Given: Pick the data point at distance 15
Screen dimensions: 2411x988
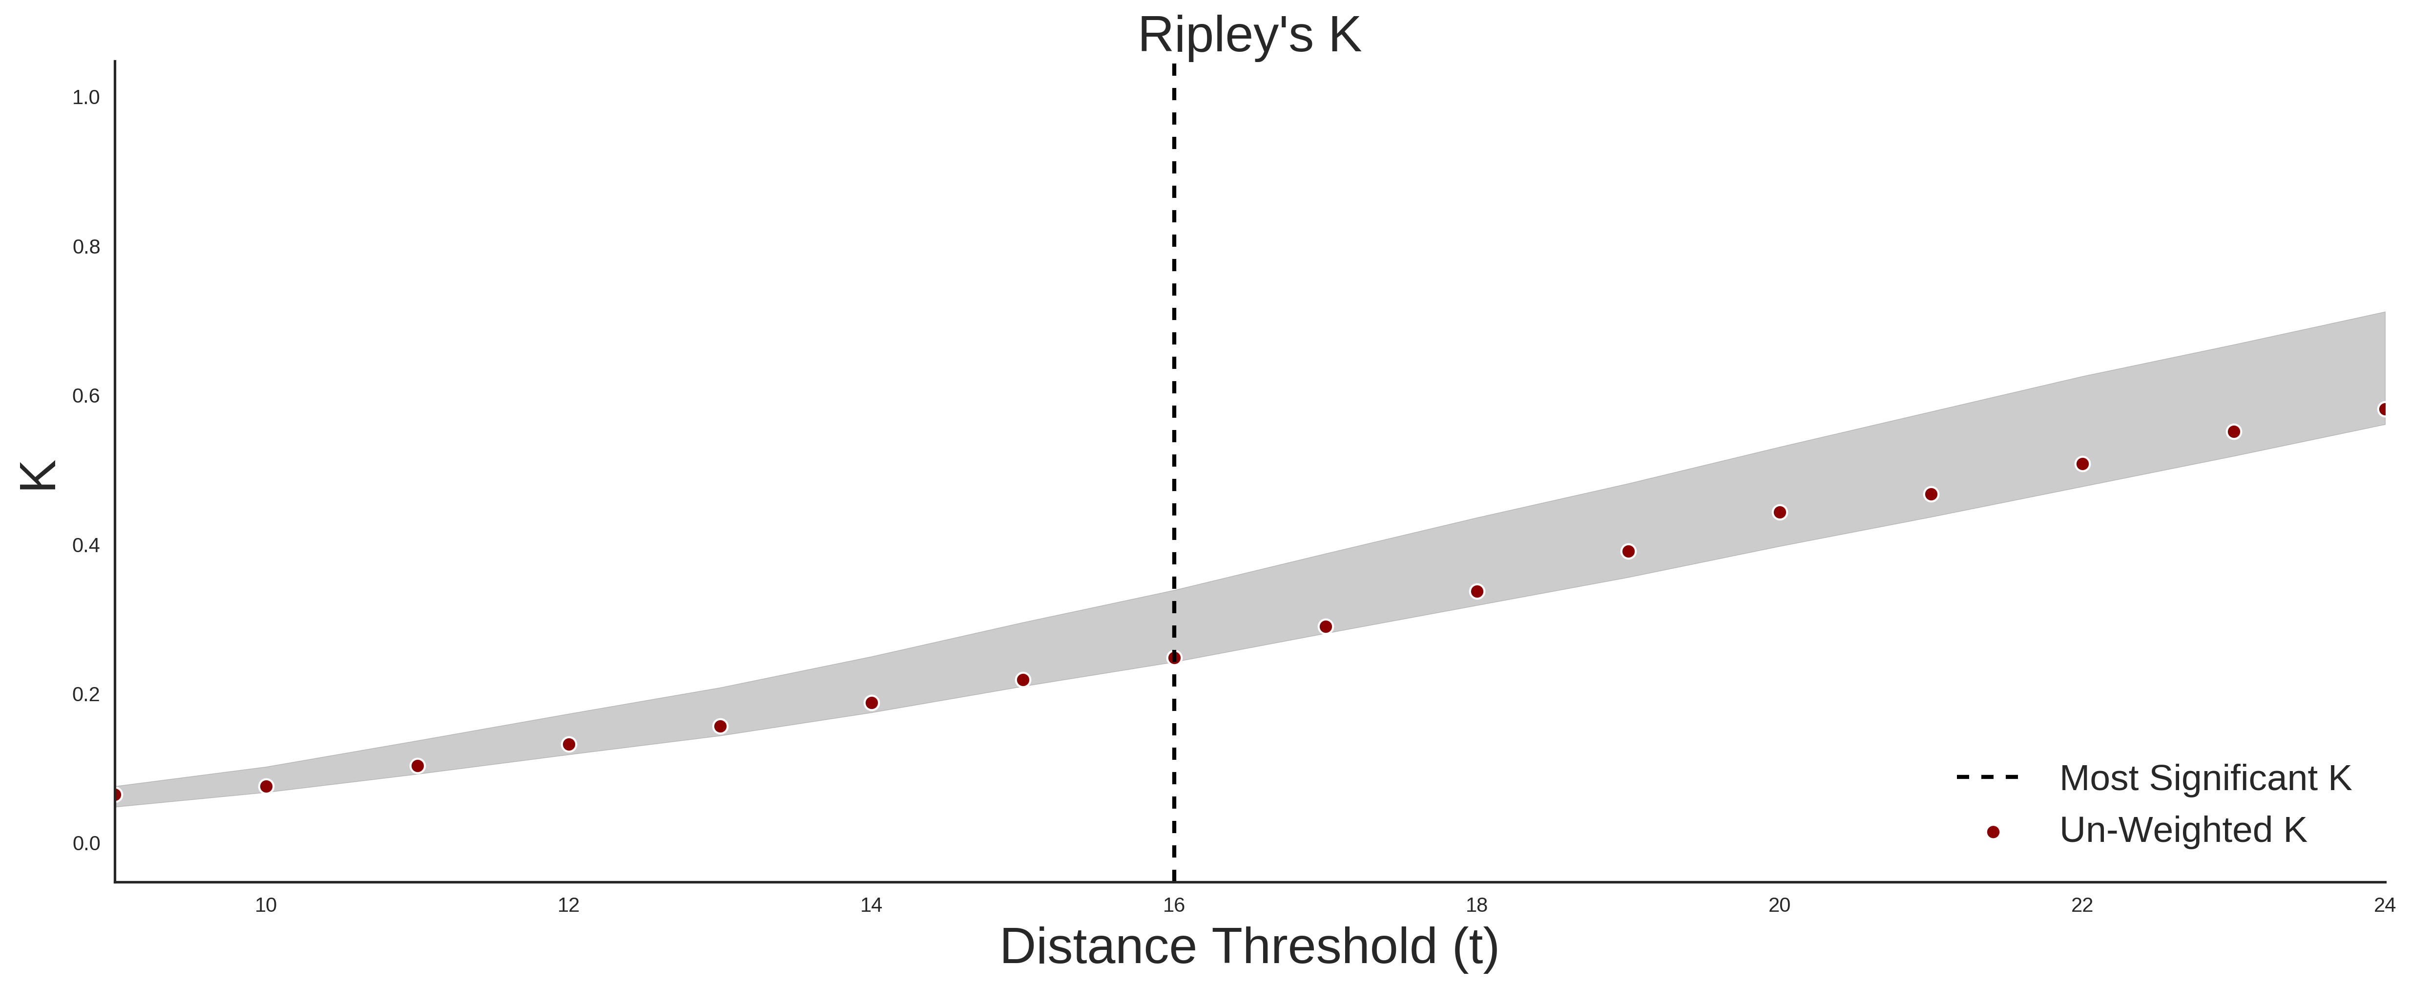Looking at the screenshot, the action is tap(1023, 680).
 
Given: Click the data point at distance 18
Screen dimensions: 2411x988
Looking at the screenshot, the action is tap(1477, 592).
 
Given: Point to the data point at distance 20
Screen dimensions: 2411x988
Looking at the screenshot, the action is tap(1780, 512).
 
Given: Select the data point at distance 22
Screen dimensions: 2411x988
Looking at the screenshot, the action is tap(2082, 464).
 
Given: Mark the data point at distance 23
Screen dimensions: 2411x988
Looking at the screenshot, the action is tap(2234, 432).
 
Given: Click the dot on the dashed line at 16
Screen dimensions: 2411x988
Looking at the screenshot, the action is tap(1175, 658).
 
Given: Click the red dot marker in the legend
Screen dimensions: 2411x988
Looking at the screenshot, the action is tap(1993, 832).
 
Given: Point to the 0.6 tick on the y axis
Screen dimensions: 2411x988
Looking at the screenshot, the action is tap(86, 396).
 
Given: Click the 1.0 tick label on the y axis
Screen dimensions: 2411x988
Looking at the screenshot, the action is tap(86, 97).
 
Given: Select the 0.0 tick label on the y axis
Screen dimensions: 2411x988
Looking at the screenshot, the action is tap(86, 844).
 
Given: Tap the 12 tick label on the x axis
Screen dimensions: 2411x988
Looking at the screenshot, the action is tap(568, 905).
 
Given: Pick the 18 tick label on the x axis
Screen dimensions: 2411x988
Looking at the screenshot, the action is tap(1477, 905).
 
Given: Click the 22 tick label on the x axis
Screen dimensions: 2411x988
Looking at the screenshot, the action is tap(2082, 905).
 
